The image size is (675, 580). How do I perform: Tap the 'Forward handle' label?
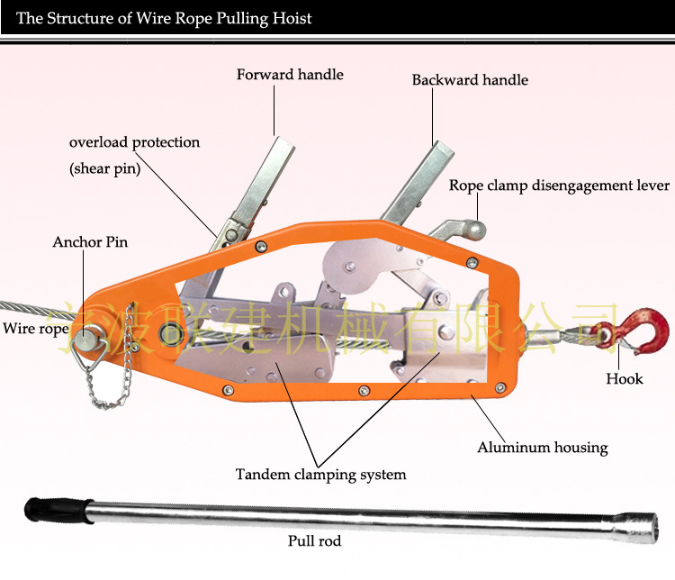(x=290, y=75)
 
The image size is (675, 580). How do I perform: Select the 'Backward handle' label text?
(x=470, y=80)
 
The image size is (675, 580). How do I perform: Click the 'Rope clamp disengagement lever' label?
(x=559, y=186)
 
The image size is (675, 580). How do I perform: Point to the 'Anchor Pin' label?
(x=90, y=241)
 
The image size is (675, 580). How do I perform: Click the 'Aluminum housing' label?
(x=543, y=448)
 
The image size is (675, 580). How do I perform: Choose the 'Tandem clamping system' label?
(x=320, y=475)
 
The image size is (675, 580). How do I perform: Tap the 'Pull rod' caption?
(x=314, y=540)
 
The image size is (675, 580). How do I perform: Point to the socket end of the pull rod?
(x=635, y=527)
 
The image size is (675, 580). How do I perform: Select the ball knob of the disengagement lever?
(x=475, y=231)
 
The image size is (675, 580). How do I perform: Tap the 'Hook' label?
(x=625, y=379)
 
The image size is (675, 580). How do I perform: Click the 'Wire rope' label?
(x=36, y=329)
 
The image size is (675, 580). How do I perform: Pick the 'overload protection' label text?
(x=134, y=142)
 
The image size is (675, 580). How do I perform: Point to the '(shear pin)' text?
(x=105, y=168)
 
